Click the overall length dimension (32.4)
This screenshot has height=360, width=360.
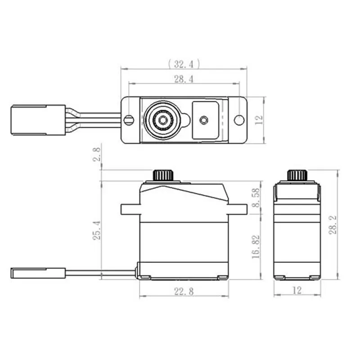pyautogui.click(x=183, y=63)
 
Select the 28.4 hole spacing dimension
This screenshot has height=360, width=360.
pyautogui.click(x=183, y=79)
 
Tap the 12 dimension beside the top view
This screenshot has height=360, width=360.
pyautogui.click(x=259, y=120)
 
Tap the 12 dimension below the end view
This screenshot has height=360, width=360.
pyautogui.click(x=297, y=291)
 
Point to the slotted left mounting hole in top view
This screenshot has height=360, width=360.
pyautogui.click(x=129, y=120)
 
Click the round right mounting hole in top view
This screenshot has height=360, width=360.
pyautogui.click(x=238, y=120)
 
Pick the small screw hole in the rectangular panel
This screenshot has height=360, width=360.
pyautogui.click(x=204, y=120)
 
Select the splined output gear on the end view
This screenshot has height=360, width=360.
pyautogui.click(x=297, y=175)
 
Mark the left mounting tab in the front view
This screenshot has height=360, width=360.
pyautogui.click(x=130, y=209)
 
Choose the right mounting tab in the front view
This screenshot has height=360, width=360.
pyautogui.click(x=237, y=209)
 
